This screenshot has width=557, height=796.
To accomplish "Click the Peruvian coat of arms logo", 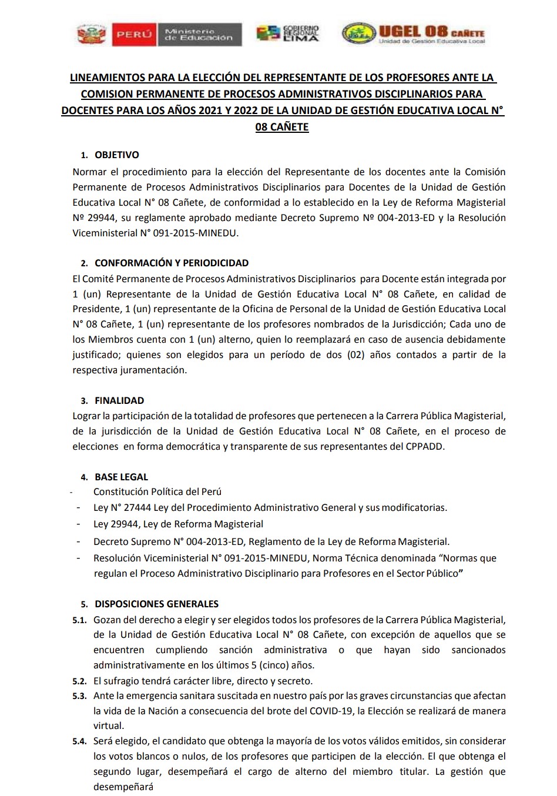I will tap(89, 34).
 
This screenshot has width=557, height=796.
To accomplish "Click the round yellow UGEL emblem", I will tap(358, 34).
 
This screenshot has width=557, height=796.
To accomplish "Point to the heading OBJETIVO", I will tap(117, 155).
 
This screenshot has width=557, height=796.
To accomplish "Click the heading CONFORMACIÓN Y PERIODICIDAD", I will tap(172, 263).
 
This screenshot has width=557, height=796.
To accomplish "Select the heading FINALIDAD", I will tap(119, 400).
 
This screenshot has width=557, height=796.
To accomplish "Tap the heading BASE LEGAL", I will tap(122, 477).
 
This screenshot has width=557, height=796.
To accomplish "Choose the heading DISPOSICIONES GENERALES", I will tap(156, 604).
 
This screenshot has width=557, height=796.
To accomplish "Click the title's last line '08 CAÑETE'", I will tap(282, 126).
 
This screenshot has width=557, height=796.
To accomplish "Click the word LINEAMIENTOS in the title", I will tap(107, 78).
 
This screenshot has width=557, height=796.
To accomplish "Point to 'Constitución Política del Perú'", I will tap(157, 491).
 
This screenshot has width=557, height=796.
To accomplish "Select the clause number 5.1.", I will tap(79, 620).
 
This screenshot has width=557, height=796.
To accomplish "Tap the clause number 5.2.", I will tap(79, 681).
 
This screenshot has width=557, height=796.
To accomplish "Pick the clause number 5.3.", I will tap(79, 695).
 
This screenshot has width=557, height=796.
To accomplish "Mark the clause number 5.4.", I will tap(79, 741).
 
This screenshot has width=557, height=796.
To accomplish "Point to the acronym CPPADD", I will tap(425, 446).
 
